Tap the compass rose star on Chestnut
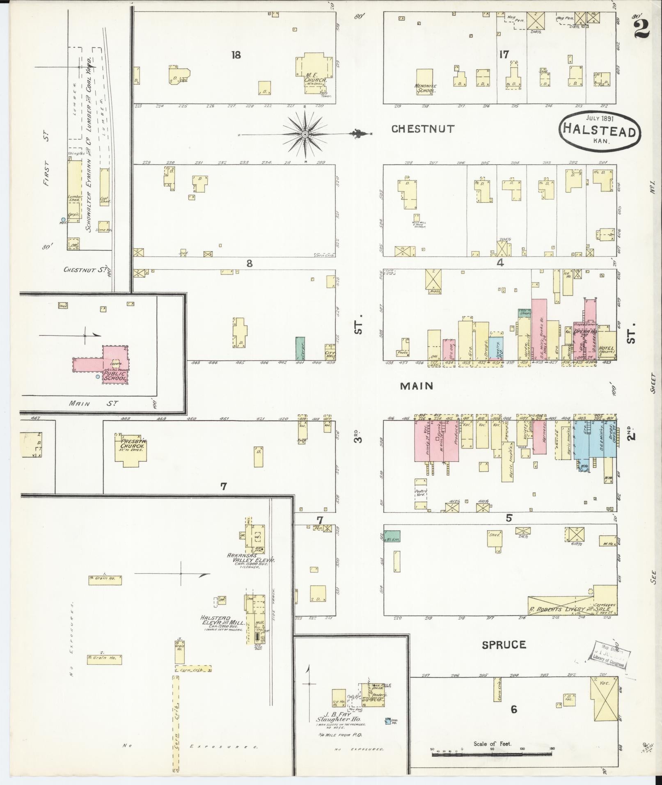coord(305,135)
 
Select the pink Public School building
coord(115,364)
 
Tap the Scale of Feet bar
coord(492,753)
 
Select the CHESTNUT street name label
coord(423,129)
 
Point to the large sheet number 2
coord(641,28)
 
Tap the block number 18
coord(236,55)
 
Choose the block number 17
coord(504,54)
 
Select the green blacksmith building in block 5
coord(392,536)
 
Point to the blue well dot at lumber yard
coord(63,219)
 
